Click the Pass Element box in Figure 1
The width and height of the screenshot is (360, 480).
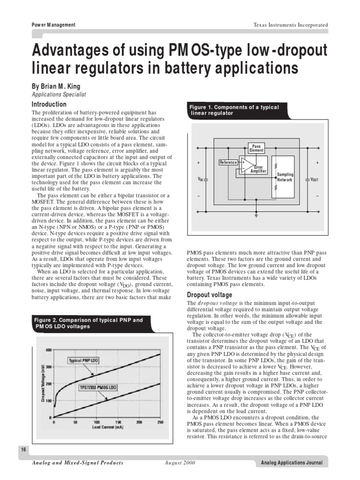point(256,149)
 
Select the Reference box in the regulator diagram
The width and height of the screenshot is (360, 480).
point(228,162)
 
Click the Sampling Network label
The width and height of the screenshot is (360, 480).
point(285,177)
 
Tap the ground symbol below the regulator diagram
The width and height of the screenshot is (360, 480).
point(256,216)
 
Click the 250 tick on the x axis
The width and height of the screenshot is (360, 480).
point(160,422)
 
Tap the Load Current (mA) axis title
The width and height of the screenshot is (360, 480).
point(107,427)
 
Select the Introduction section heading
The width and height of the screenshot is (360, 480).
point(49,104)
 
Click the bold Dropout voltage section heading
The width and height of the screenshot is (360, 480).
point(209,295)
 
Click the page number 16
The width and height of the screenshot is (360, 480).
point(23,450)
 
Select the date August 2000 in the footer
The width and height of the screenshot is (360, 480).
point(180,463)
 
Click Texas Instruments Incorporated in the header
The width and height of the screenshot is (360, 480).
point(291,25)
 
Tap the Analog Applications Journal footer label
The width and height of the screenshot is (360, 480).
point(292,463)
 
